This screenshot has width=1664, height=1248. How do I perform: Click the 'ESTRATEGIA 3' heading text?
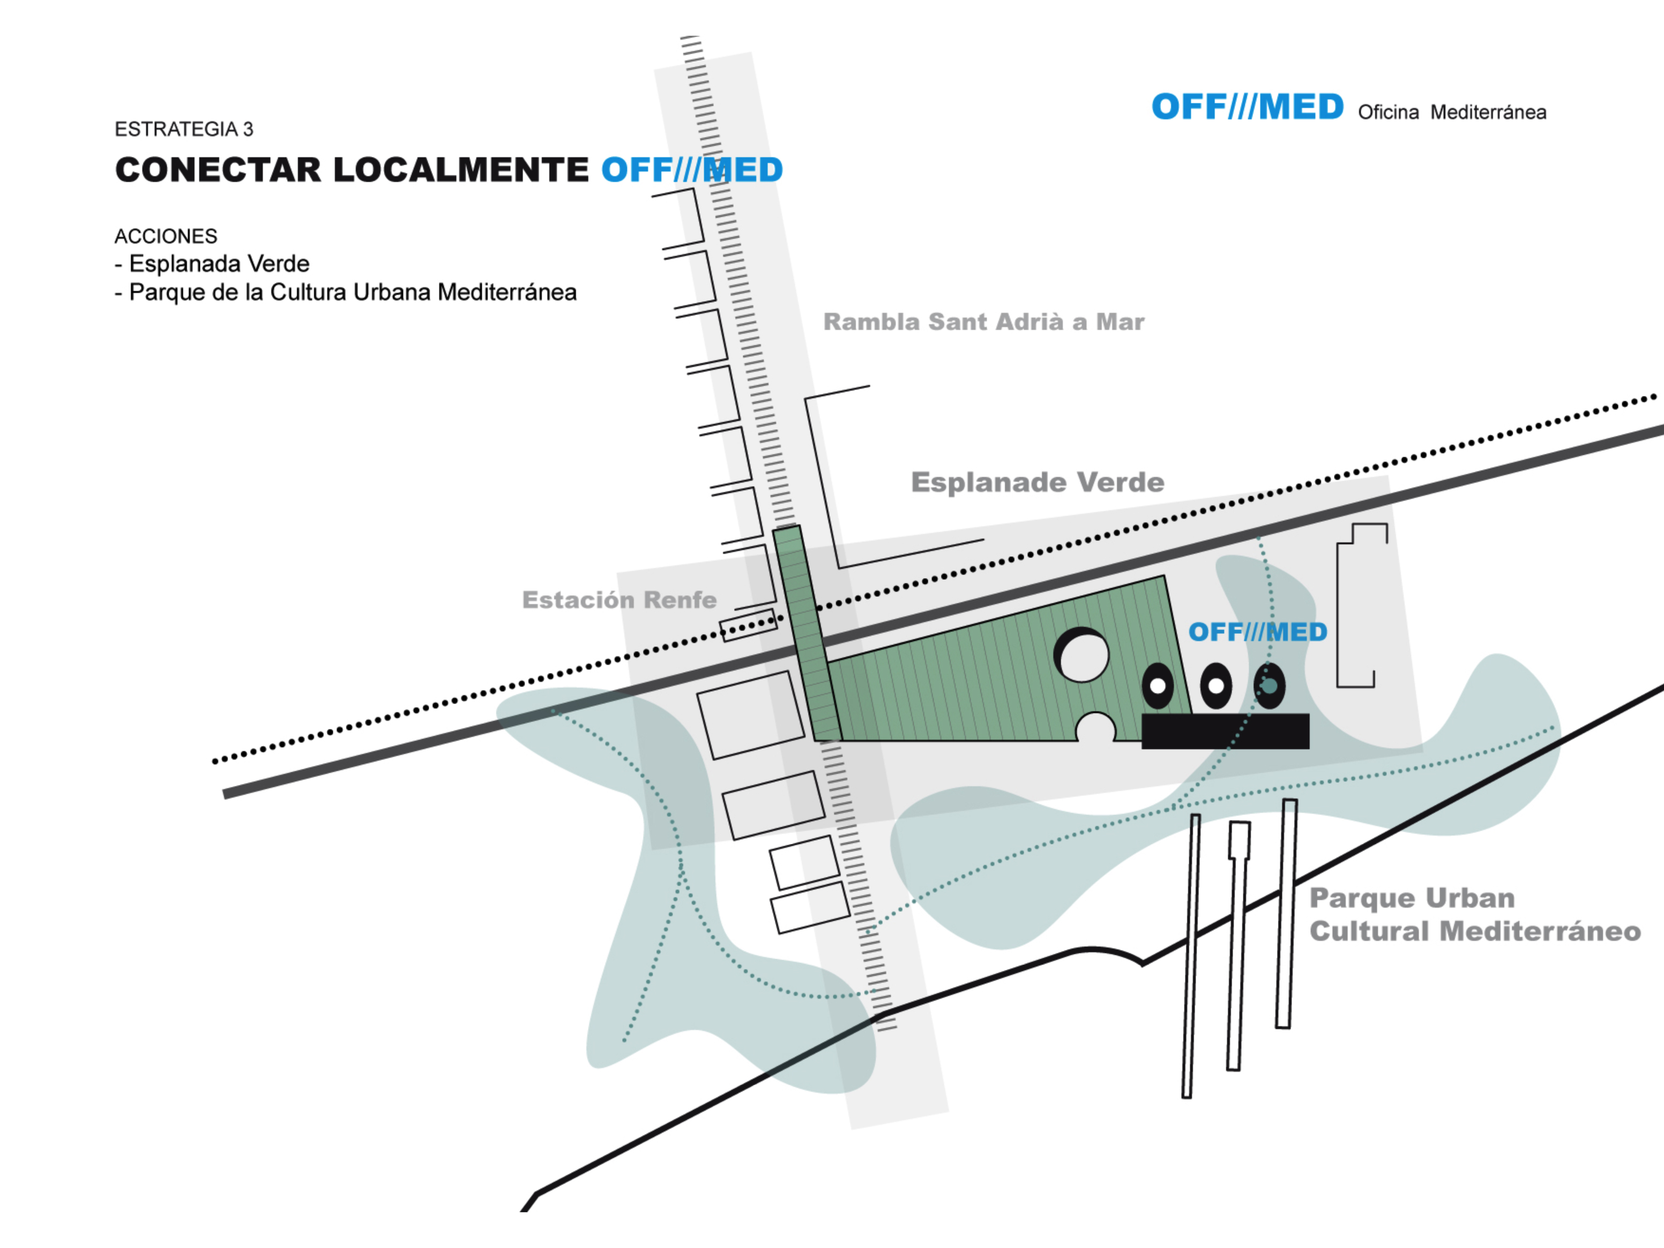point(184,129)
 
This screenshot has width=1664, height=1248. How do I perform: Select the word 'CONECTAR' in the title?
point(217,170)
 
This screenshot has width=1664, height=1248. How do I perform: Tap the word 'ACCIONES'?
point(166,236)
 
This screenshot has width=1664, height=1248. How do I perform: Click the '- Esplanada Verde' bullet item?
point(212,264)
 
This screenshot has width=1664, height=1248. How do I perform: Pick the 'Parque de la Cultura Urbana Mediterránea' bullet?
point(352,293)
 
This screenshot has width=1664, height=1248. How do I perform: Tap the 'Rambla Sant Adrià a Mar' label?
point(983,322)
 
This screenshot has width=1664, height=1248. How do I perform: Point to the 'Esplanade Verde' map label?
point(1038,482)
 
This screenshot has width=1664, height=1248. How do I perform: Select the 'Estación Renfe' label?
point(619,600)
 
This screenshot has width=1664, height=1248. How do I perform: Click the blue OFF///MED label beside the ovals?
point(1257,632)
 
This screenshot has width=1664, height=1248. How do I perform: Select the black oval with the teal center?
point(1269,685)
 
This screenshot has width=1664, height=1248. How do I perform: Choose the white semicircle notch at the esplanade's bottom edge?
point(1096,729)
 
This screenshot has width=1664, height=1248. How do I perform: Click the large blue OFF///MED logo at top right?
point(1247,108)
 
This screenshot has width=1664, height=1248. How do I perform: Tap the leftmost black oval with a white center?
point(1158,685)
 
